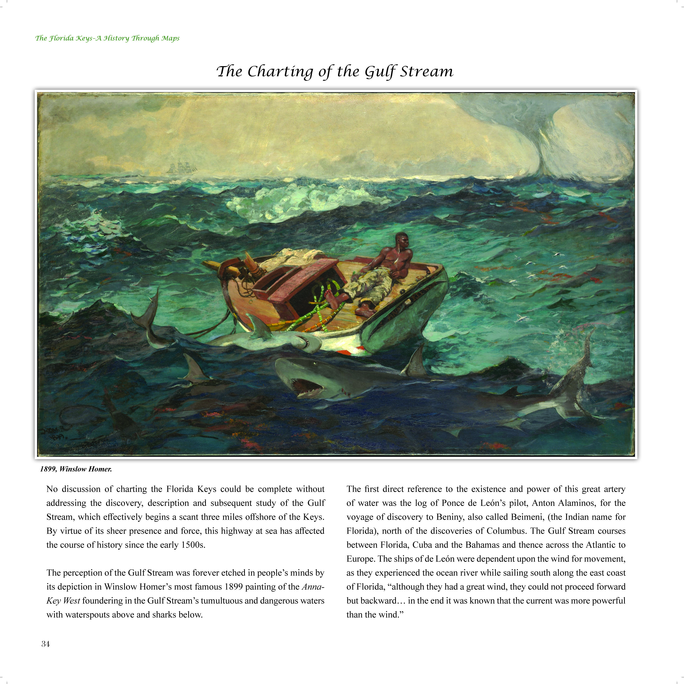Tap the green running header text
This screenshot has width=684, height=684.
[x=107, y=38]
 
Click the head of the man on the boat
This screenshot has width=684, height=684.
[x=401, y=241]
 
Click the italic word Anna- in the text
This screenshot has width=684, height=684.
[x=313, y=587]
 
